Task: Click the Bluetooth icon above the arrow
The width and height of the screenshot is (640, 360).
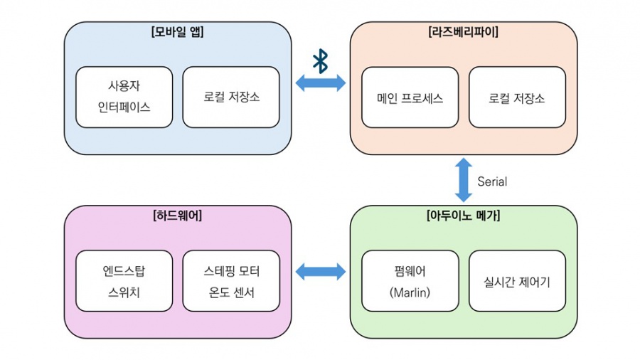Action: pos(320,61)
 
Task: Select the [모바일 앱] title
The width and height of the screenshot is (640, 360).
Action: pos(178,32)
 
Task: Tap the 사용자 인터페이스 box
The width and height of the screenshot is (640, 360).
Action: pos(124,97)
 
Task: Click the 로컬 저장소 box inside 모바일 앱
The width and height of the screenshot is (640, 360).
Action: pos(231,97)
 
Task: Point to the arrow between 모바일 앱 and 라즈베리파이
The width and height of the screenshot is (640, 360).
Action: pos(320,83)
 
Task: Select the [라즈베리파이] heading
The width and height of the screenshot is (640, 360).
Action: pos(463,32)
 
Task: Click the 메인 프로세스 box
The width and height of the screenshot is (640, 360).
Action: pos(410,97)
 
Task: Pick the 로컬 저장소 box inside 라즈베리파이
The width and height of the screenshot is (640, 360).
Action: pos(517,97)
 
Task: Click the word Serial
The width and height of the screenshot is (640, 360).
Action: pos(492,181)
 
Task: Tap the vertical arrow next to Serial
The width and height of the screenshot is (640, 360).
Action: pos(464,180)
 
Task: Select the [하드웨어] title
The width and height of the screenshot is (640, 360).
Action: pos(178,216)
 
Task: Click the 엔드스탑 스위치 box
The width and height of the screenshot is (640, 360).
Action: pos(124,280)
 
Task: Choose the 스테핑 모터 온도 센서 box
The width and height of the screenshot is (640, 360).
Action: pos(231,280)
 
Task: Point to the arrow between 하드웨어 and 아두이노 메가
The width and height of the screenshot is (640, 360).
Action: pos(320,271)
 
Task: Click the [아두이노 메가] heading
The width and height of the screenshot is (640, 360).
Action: pos(463,216)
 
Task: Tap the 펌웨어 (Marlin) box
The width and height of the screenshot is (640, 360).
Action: pos(410,280)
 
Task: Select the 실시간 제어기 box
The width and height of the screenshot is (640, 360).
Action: pos(517,280)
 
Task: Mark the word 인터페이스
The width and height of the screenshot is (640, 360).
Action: pos(124,107)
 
